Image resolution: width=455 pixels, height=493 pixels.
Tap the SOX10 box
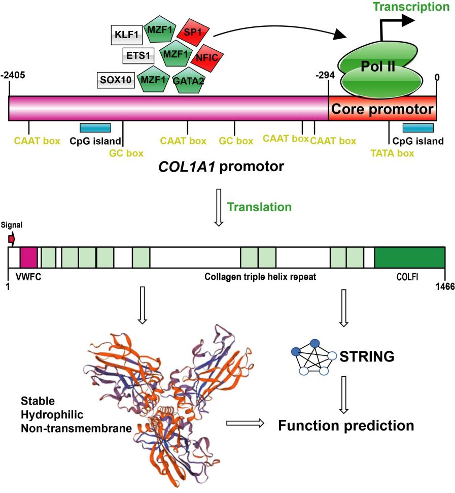coord(115,80)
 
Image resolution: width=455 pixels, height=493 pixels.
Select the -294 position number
coord(324,75)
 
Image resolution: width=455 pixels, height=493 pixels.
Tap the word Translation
coord(259,207)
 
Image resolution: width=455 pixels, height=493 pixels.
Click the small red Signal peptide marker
coord(11,239)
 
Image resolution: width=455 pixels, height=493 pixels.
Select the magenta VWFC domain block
coord(28,257)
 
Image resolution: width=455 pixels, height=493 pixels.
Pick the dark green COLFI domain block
coord(409,257)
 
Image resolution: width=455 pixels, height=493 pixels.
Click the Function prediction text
coord(346,425)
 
